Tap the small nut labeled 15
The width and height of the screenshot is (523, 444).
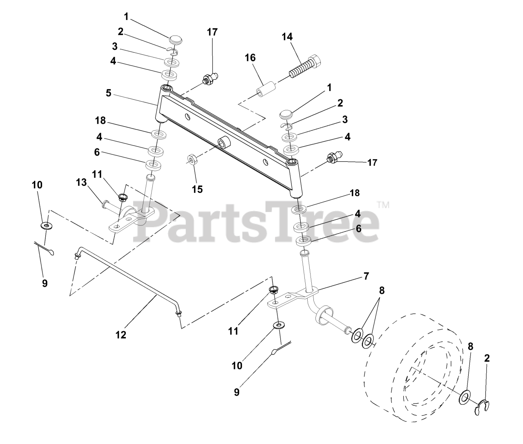[x=193, y=159]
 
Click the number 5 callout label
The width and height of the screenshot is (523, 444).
[x=108, y=93]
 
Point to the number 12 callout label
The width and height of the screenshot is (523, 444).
[x=121, y=335]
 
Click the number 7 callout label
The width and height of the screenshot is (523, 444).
[x=366, y=276]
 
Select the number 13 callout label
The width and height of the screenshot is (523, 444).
[x=82, y=183]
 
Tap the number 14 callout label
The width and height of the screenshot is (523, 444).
[x=287, y=37]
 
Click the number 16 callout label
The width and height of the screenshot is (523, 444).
[x=250, y=58]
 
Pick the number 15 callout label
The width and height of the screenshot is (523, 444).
[x=197, y=189]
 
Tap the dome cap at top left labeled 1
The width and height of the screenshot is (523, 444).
[x=177, y=41]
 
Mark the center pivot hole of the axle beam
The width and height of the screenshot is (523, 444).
[x=224, y=143]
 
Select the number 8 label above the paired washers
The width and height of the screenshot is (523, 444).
[x=382, y=291]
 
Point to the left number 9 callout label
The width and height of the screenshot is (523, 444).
[x=45, y=283]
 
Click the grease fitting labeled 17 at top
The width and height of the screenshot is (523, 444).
[x=211, y=77]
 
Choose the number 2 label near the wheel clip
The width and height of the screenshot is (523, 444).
[x=487, y=359]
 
